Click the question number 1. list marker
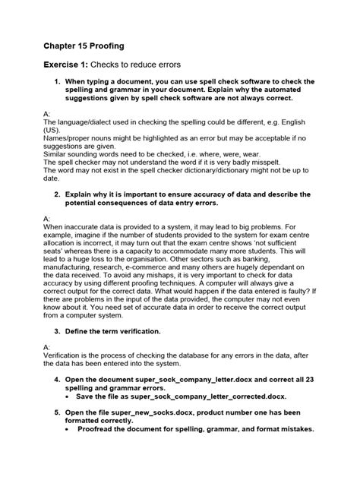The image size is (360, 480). click(56, 81)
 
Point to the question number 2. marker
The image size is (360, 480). click(56, 194)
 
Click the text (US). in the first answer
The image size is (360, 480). click(53, 130)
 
